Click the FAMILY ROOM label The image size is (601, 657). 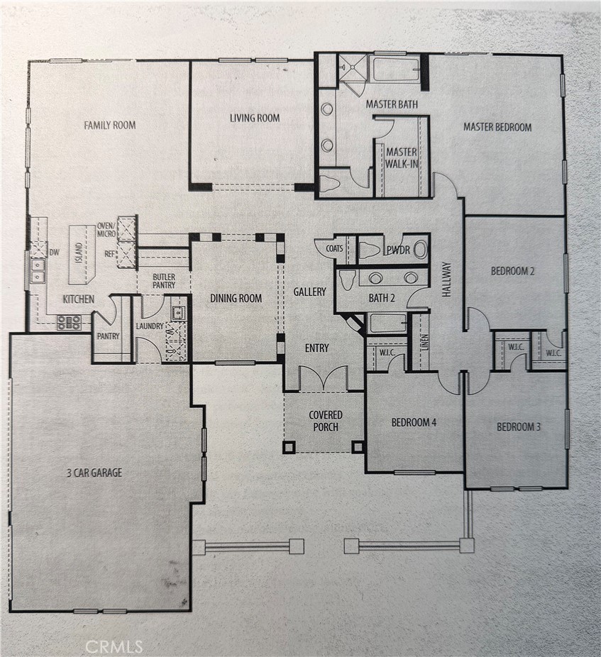click(109, 126)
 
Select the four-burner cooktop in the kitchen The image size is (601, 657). click(69, 323)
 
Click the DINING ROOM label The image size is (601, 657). click(236, 299)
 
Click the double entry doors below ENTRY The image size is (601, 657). click(323, 379)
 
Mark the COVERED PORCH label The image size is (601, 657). click(325, 421)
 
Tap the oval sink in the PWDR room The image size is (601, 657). click(420, 249)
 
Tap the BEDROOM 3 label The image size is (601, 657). click(518, 426)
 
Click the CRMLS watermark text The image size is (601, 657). click(114, 646)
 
